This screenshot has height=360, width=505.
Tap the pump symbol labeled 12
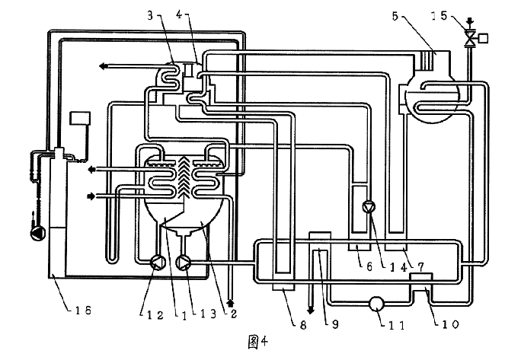(157, 263)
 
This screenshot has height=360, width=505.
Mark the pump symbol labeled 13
(183, 263)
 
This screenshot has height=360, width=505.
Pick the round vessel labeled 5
(429, 96)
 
